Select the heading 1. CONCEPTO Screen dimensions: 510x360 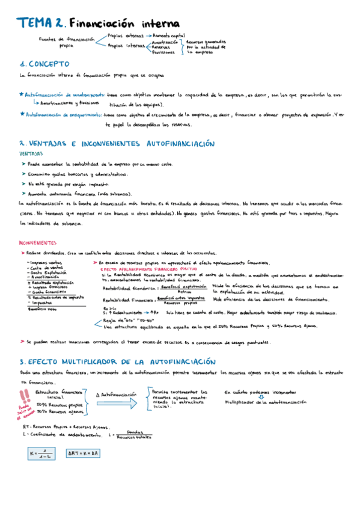coord(44,63)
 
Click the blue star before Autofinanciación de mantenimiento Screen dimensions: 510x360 coord(22,95)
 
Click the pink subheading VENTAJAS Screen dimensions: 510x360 coord(31,154)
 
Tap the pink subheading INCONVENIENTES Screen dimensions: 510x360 coord(38,243)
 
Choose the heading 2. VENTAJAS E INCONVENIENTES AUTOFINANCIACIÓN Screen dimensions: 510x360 coord(117,144)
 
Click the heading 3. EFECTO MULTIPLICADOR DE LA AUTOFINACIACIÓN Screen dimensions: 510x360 coord(117,362)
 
